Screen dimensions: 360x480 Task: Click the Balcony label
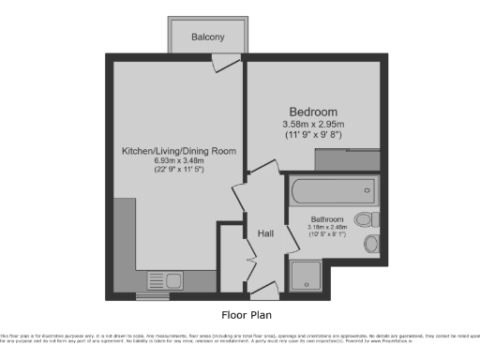pos(208,37)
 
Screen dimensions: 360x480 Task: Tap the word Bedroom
pos(313,112)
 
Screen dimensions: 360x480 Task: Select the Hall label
pos(265,233)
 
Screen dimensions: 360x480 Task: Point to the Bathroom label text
pos(328,218)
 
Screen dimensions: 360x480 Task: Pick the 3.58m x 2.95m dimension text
pos(314,124)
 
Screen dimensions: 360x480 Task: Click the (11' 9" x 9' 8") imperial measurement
pos(314,135)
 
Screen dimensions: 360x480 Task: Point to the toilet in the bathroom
pos(373,219)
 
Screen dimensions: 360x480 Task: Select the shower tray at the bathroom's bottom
pos(306,275)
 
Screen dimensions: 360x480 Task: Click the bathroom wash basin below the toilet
pos(372,245)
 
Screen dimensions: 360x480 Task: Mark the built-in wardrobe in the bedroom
pos(347,160)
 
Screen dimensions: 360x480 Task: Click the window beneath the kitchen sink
pos(151,297)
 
